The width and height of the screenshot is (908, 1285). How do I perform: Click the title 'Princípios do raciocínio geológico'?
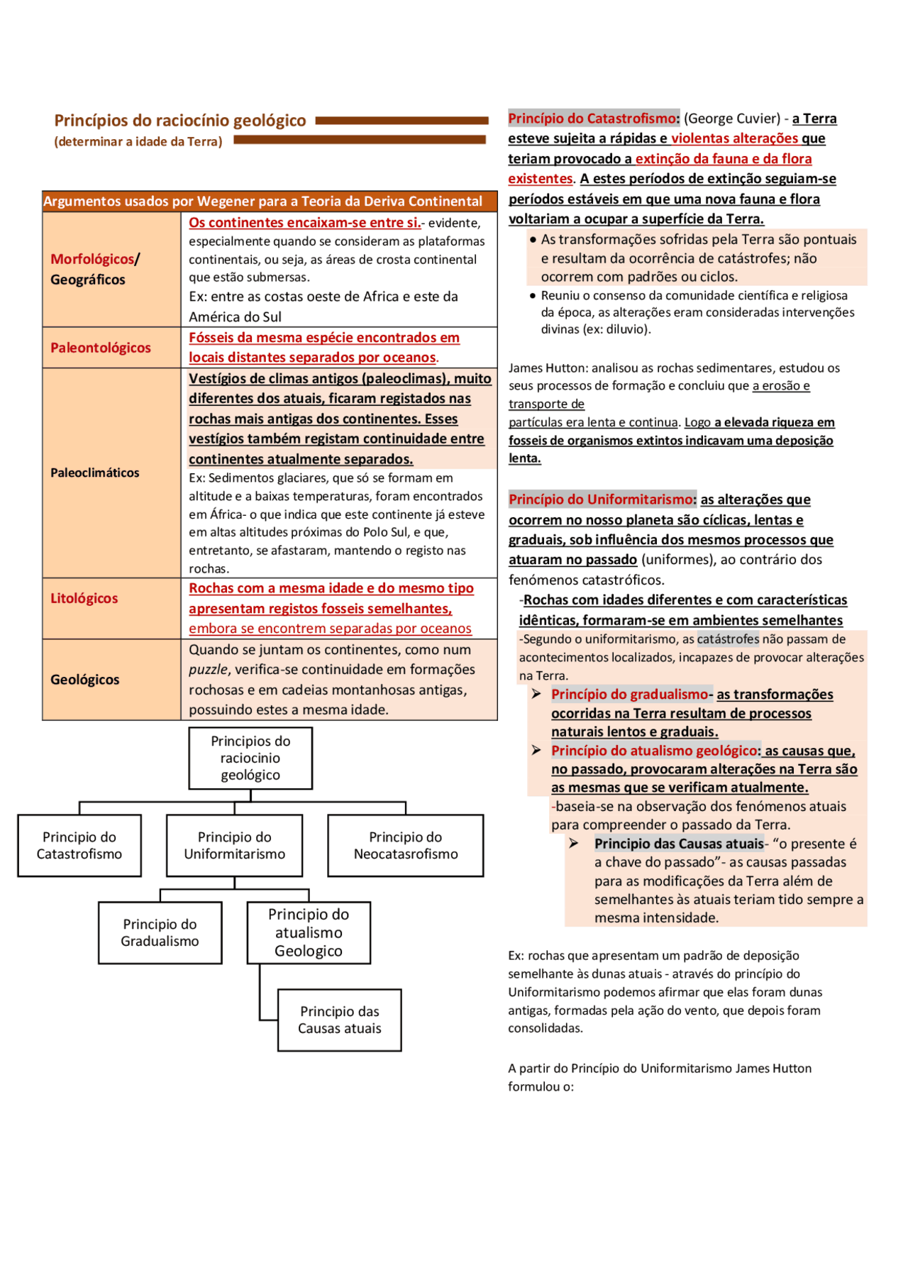[x=180, y=121]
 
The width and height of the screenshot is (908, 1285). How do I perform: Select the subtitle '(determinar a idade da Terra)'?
[x=138, y=142]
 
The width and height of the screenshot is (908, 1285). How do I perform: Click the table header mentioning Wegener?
[x=263, y=202]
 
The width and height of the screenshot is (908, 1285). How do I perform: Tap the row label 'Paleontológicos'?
[x=101, y=348]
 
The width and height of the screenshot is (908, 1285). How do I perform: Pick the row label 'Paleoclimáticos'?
[x=95, y=473]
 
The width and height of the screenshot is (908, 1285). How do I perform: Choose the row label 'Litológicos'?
[x=84, y=598]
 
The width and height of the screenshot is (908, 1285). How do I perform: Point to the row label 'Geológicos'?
[x=85, y=680]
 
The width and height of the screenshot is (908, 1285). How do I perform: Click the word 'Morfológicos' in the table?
[x=92, y=259]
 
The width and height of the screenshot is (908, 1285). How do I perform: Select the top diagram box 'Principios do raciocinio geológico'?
[x=250, y=758]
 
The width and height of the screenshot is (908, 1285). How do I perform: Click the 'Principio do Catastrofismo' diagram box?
[x=79, y=845]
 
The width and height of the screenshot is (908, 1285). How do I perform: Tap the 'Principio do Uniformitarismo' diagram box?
[x=235, y=845]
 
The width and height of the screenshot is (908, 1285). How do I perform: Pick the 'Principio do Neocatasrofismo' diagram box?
[x=406, y=845]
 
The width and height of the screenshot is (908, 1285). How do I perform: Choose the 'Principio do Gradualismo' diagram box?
[x=160, y=932]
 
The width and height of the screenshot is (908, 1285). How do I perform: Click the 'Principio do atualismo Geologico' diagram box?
[x=309, y=932]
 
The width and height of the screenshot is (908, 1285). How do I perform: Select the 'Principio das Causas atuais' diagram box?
[x=340, y=1020]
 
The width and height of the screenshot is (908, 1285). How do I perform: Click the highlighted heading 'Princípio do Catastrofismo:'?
[x=594, y=118]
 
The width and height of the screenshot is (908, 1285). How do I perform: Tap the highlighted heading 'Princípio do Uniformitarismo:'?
[x=602, y=500]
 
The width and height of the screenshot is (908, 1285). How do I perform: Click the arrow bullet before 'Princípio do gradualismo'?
[x=536, y=694]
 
